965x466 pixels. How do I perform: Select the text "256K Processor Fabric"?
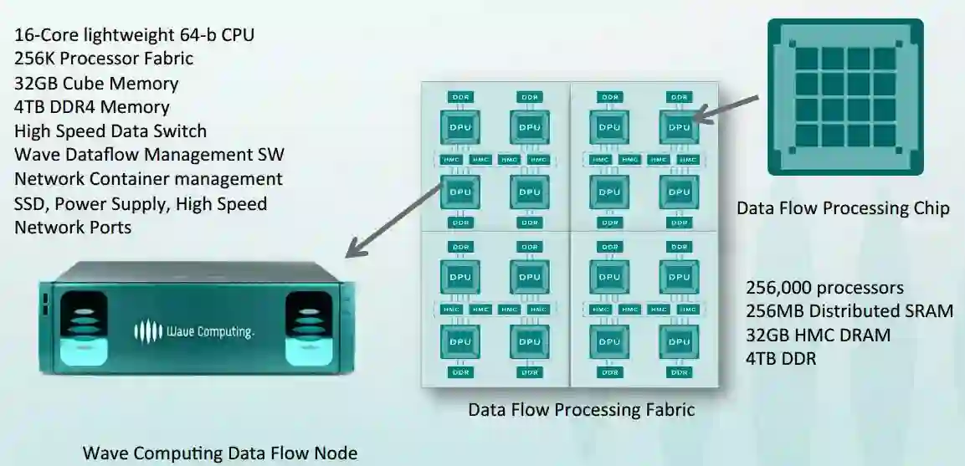pyautogui.click(x=104, y=59)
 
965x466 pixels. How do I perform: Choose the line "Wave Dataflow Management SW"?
pyautogui.click(x=149, y=156)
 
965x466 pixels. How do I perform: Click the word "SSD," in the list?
pyautogui.click(x=34, y=203)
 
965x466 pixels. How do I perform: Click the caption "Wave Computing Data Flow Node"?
pyautogui.click(x=219, y=453)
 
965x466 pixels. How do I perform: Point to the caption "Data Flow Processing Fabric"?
pyautogui.click(x=581, y=410)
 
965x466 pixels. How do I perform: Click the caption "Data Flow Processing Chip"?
pyautogui.click(x=843, y=207)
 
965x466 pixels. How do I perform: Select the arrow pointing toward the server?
pyautogui.click(x=393, y=218)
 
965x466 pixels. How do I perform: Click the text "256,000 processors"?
pyautogui.click(x=824, y=288)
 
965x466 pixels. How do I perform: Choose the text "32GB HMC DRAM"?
pyautogui.click(x=818, y=335)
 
